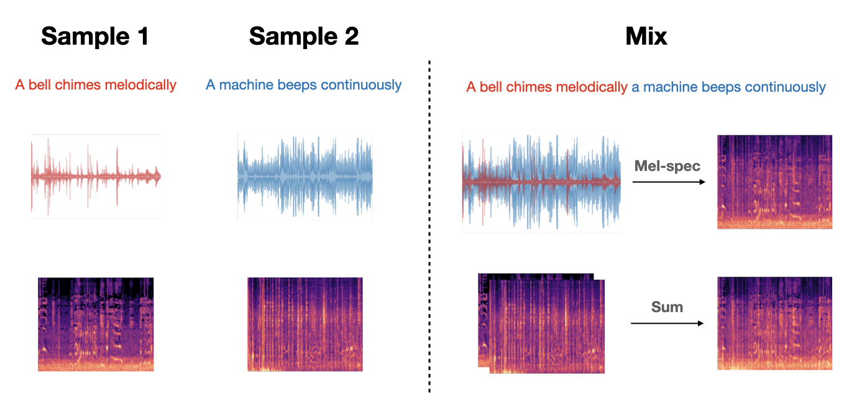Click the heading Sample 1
click(95, 37)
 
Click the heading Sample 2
click(304, 37)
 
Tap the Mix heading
click(646, 37)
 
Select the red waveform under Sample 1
click(96, 177)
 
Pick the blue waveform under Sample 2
click(305, 177)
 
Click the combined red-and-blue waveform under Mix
click(541, 181)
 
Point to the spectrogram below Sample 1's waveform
click(96, 324)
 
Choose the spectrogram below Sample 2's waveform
click(305, 324)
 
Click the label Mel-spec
click(667, 166)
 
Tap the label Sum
click(667, 307)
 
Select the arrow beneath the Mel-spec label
click(669, 182)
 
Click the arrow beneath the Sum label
click(667, 323)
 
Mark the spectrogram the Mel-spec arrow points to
click(774, 181)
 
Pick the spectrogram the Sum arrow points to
click(774, 323)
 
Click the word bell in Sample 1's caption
click(40, 85)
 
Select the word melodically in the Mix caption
click(592, 88)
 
